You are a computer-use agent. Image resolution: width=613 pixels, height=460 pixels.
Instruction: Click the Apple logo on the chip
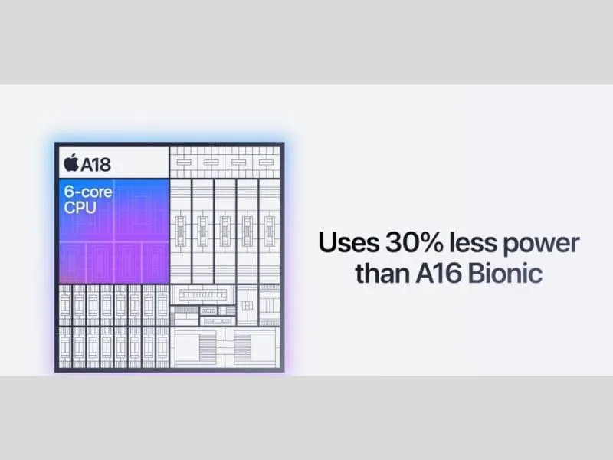click(71, 163)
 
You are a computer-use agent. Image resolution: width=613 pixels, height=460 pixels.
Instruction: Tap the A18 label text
click(95, 164)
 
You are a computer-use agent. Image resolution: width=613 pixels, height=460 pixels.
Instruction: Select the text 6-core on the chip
click(88, 192)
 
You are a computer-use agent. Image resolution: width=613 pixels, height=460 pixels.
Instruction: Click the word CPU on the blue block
click(80, 208)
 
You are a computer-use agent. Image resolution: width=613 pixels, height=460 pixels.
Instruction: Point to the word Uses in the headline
click(349, 242)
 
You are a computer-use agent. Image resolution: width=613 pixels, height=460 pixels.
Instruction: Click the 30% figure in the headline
click(415, 242)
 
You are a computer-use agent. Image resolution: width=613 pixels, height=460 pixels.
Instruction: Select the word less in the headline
click(473, 242)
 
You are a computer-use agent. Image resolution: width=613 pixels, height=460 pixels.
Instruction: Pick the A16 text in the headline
click(438, 273)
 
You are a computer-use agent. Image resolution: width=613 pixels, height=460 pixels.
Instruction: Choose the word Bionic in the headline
click(505, 273)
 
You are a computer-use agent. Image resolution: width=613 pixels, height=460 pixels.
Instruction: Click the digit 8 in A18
click(104, 165)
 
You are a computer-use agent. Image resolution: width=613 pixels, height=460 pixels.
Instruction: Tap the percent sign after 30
click(432, 242)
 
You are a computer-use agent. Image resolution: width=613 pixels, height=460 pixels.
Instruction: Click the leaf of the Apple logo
click(74, 156)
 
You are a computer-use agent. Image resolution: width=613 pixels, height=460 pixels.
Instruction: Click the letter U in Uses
click(328, 242)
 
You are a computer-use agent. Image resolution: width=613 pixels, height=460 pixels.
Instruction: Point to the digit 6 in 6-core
click(69, 192)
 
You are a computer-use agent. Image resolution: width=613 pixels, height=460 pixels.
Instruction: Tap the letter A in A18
click(87, 165)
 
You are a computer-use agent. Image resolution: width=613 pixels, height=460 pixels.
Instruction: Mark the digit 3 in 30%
click(394, 242)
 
